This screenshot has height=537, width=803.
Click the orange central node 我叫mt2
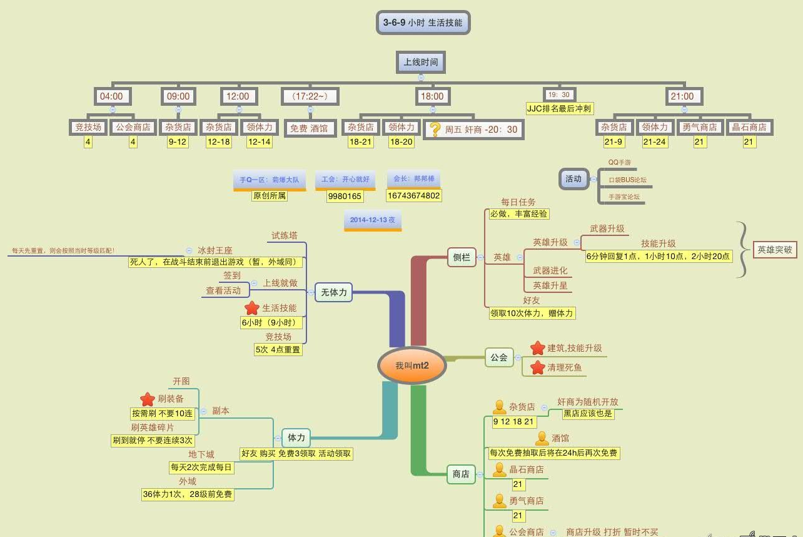(x=412, y=366)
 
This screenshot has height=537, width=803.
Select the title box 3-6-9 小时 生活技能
(x=423, y=23)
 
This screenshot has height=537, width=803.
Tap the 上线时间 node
(x=421, y=62)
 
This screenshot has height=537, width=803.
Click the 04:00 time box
(x=112, y=96)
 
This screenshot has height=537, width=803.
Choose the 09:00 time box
(x=178, y=96)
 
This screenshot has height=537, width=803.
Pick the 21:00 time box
(x=682, y=96)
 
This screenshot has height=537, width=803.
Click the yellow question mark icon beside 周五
(x=435, y=129)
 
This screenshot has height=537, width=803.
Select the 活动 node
(x=573, y=178)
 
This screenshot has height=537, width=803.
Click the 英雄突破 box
(x=775, y=249)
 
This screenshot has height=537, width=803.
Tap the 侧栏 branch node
(x=462, y=257)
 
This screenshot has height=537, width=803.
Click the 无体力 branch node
(x=333, y=292)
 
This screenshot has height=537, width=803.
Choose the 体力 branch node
(x=296, y=437)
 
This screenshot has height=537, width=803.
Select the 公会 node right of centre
(x=499, y=357)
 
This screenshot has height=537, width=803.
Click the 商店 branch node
(x=461, y=474)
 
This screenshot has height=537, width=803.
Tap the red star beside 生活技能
(x=251, y=308)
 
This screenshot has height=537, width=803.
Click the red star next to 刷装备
(x=147, y=399)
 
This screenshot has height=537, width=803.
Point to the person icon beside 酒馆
(x=542, y=439)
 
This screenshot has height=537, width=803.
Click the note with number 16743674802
(x=413, y=195)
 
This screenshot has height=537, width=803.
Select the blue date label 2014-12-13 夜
(x=372, y=220)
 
